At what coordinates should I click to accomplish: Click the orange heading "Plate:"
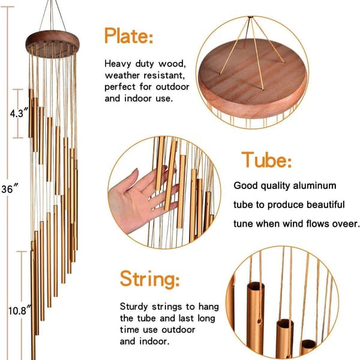point(128,35)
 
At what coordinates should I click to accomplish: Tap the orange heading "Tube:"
point(266,160)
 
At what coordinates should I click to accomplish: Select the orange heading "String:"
point(149,278)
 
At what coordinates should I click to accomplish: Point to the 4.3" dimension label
point(19,113)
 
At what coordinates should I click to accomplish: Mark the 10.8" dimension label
point(20,310)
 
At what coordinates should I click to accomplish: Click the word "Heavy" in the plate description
point(118,64)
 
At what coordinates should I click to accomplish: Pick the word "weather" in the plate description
point(122,75)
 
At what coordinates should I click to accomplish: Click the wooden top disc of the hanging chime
point(53,44)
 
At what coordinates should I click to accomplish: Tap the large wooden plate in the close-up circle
point(253,78)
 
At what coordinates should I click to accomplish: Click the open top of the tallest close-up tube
point(256,286)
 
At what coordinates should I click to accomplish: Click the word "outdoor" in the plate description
point(172,87)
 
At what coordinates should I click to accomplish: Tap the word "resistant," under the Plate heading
point(164,76)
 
